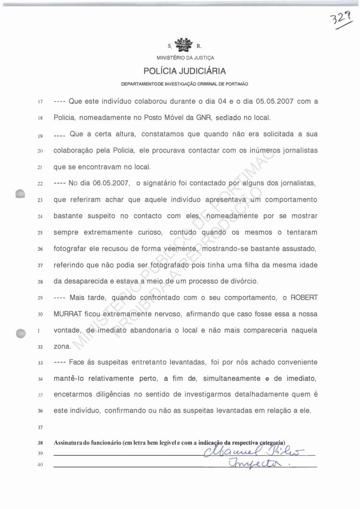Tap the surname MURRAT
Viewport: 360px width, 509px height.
click(68, 315)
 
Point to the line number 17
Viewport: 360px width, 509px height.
click(40, 102)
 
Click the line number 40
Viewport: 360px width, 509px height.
click(40, 464)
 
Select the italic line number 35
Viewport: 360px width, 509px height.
click(40, 395)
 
